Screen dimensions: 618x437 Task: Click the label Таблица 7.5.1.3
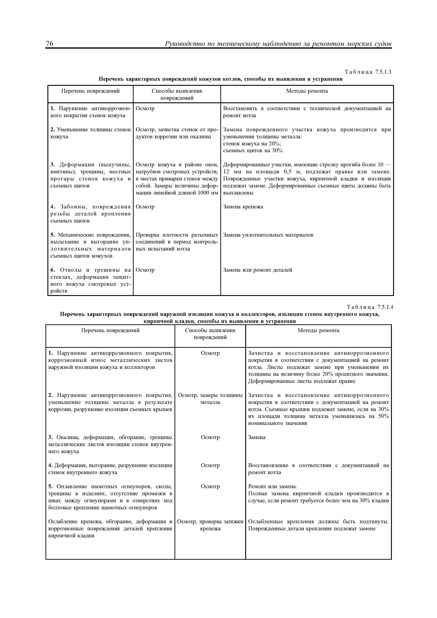tap(368, 72)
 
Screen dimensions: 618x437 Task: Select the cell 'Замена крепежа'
tap(243, 207)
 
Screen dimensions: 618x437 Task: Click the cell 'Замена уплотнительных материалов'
tap(268, 235)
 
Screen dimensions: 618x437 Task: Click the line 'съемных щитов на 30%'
tap(253, 150)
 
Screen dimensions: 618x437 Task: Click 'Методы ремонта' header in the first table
tap(307, 91)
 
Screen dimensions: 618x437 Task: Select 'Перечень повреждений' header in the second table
tap(110, 330)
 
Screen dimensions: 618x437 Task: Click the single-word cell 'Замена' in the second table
tap(257, 437)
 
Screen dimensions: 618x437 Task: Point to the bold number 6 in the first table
tap(53, 270)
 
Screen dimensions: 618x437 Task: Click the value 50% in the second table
tap(383, 416)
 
